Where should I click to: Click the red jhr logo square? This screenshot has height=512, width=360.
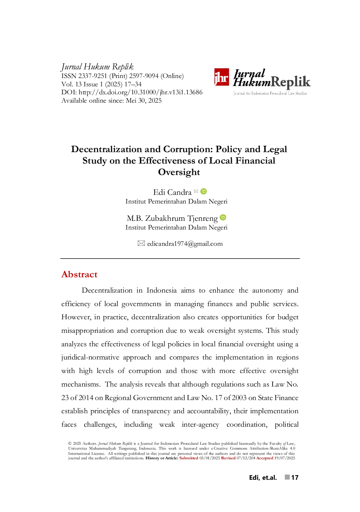point(221,77)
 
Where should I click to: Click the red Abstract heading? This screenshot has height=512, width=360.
point(79,274)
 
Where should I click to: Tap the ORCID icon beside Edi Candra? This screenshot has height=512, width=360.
point(203,191)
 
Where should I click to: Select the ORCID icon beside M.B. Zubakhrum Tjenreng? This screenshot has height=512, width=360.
point(223,217)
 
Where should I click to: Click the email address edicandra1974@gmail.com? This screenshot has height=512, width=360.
point(185,244)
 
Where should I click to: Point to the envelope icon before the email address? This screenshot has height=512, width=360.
point(141,243)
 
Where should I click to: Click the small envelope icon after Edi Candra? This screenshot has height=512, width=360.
point(196,191)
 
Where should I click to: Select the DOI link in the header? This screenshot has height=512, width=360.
point(140,92)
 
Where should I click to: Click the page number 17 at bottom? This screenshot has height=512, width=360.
point(295,477)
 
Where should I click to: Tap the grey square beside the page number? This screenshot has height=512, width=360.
point(287,477)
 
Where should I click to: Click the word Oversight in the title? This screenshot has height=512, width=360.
point(179,172)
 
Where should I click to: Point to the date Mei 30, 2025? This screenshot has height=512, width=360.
point(144,101)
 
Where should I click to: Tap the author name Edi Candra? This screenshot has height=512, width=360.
point(172,192)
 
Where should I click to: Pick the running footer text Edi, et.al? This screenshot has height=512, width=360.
point(263,477)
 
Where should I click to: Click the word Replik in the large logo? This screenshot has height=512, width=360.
point(291,82)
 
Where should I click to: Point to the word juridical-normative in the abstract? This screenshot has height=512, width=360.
point(90,357)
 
